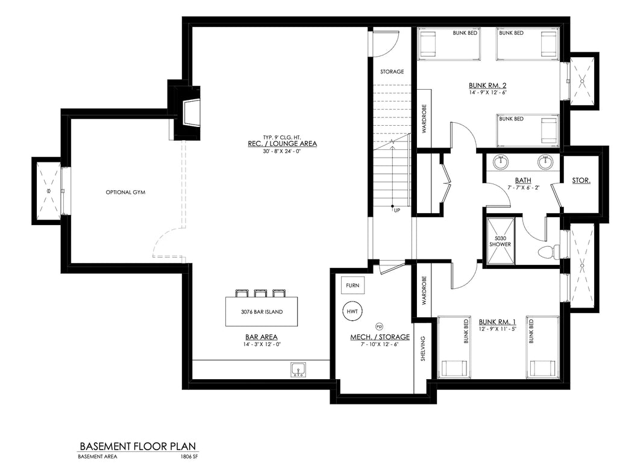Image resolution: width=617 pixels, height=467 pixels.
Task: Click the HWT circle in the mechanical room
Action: click(x=352, y=311)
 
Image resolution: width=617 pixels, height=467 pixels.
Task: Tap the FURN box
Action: click(x=352, y=285)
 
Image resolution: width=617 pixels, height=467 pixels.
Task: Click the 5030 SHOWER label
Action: click(x=500, y=241)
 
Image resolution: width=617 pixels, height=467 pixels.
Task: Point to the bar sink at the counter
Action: click(x=298, y=369)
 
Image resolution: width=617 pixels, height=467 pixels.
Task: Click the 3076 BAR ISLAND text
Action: click(x=262, y=312)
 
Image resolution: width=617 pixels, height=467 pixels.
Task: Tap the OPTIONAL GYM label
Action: click(x=126, y=193)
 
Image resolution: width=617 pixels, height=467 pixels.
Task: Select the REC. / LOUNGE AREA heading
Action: click(x=282, y=144)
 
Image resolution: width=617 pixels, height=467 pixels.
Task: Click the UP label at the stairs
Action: click(x=396, y=211)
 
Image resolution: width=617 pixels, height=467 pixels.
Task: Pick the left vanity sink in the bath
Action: click(x=501, y=162)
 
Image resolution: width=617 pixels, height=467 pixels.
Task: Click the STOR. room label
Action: click(x=581, y=180)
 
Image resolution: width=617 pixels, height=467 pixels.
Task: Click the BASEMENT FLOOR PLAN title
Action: click(x=138, y=447)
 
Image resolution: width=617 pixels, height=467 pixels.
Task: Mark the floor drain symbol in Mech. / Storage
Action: click(x=379, y=324)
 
